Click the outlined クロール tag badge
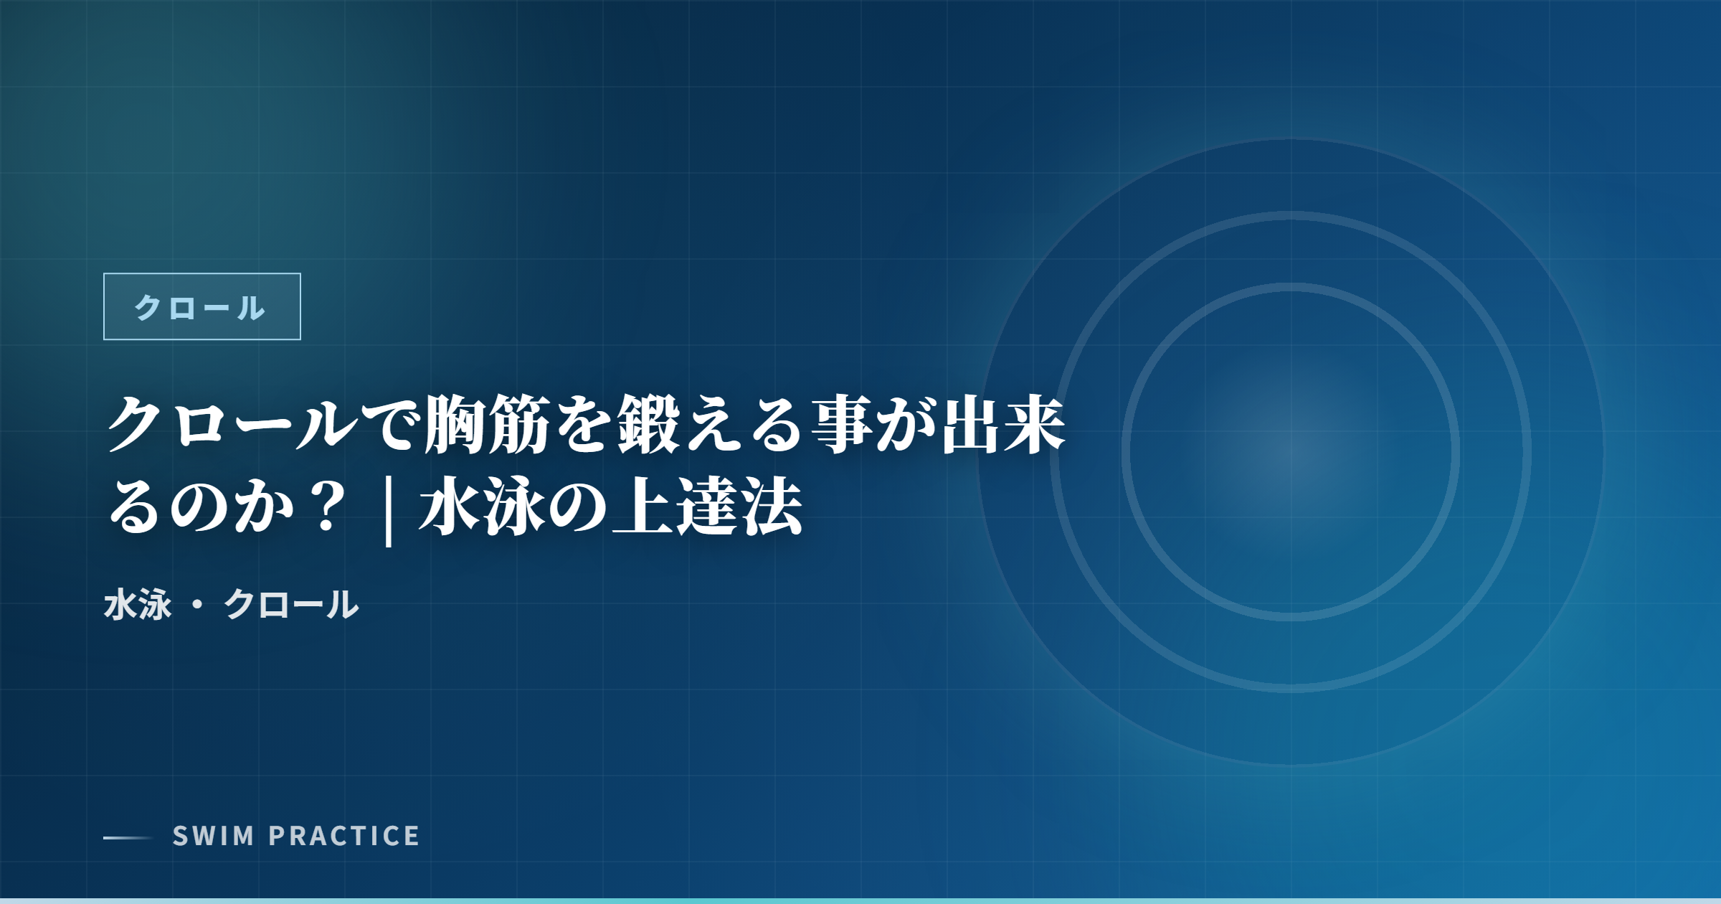202,306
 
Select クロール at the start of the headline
231,425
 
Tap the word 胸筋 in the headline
487,425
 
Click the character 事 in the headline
842,425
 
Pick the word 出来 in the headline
1003,425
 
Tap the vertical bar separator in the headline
389,509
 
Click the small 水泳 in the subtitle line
138,604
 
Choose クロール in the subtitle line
291,604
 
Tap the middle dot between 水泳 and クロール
198,605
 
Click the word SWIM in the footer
214,836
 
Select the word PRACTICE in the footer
344,836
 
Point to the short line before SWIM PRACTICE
128,837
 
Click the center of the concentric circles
1291,452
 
